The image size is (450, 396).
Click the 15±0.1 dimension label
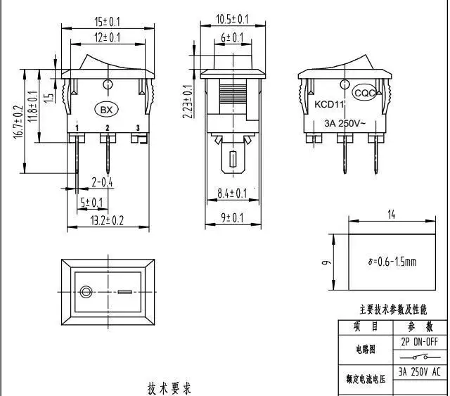pyautogui.click(x=108, y=21)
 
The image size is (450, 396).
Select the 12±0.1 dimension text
pyautogui.click(x=108, y=36)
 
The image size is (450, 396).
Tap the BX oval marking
pyautogui.click(x=107, y=110)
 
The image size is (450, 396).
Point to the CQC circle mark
pyautogui.click(x=364, y=92)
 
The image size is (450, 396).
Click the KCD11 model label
pyautogui.click(x=330, y=105)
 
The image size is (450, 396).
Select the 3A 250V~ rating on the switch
pyautogui.click(x=344, y=122)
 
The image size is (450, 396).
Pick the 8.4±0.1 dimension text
pyautogui.click(x=232, y=192)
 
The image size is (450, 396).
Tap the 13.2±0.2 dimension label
pyautogui.click(x=108, y=220)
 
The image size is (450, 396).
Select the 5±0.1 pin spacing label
pyautogui.click(x=91, y=203)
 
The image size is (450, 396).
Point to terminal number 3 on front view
pyautogui.click(x=138, y=127)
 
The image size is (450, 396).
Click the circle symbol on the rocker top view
pyautogui.click(x=87, y=291)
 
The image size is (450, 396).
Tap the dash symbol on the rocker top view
pyautogui.click(x=124, y=291)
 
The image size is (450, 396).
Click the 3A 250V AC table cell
pyautogui.click(x=420, y=372)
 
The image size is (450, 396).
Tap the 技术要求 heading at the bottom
pyautogui.click(x=169, y=388)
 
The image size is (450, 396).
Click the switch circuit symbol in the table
pyautogui.click(x=420, y=357)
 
